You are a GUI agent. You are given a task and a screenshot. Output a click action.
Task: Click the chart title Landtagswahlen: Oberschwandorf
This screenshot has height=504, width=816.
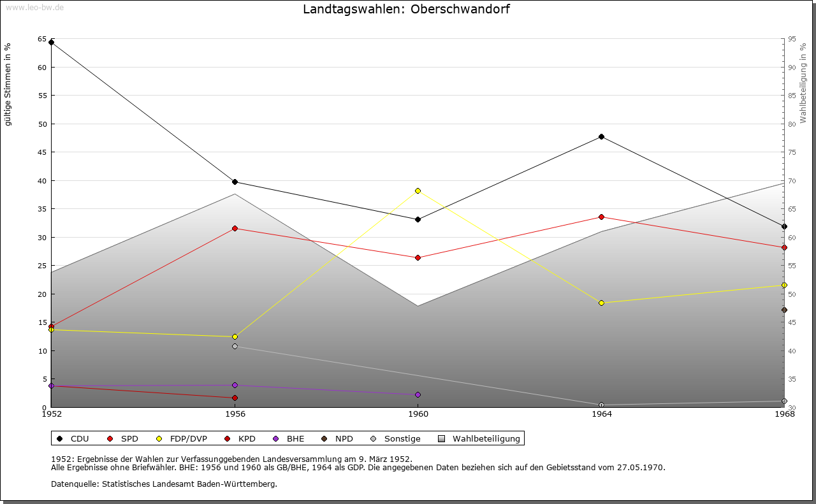(x=406, y=10)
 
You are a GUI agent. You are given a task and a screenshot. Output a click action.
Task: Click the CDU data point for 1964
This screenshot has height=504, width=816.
(x=601, y=137)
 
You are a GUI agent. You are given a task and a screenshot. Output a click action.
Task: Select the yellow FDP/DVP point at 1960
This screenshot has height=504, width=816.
(x=418, y=191)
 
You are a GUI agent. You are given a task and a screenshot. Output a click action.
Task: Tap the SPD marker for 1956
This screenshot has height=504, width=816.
(x=235, y=228)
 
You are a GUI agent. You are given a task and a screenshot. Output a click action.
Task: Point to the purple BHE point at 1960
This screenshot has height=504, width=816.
(x=418, y=394)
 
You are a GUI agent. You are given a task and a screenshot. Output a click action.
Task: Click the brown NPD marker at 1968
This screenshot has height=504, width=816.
(x=784, y=310)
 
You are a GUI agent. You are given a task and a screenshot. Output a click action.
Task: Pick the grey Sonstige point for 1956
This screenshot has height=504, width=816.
(x=235, y=347)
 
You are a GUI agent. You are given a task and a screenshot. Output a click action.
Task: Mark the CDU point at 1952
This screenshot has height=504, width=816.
(x=51, y=43)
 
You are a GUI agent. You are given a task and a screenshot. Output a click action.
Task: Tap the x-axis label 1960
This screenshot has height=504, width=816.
(x=418, y=414)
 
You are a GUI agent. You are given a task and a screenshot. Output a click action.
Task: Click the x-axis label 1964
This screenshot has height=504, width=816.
(x=601, y=414)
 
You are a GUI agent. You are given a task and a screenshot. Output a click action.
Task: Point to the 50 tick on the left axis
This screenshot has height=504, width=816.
(x=42, y=124)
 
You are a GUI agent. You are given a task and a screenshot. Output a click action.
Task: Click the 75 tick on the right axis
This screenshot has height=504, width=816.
(x=791, y=152)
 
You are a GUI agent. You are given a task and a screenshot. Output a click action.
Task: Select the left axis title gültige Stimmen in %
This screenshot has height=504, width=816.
(x=8, y=84)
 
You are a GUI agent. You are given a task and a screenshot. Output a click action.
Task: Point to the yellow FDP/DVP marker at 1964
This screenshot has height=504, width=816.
(x=601, y=303)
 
